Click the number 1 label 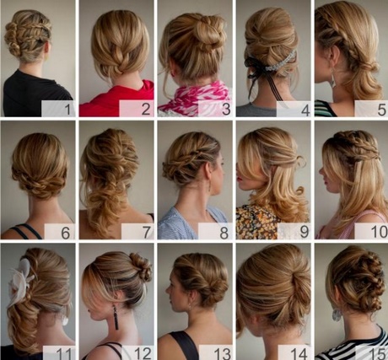point(67,110)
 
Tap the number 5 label point(381,110)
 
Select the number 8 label point(224,233)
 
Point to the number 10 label point(380,232)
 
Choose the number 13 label point(223,354)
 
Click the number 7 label point(147,233)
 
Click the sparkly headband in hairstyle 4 point(281,63)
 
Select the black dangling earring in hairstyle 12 point(116,318)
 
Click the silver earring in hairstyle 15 point(337,315)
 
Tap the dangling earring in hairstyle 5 point(334,78)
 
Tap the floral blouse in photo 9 point(257,222)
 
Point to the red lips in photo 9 point(239,179)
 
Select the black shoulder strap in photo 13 point(184,345)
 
